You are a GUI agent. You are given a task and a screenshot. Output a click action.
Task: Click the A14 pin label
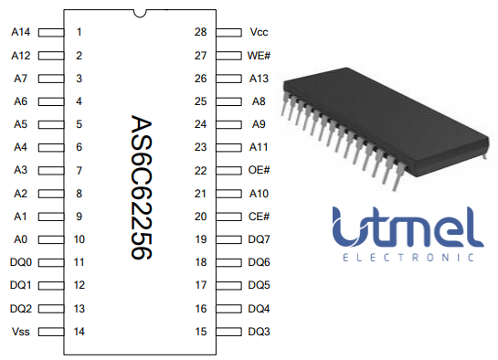(x=21, y=32)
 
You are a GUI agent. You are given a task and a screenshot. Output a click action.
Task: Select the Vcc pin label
(x=259, y=32)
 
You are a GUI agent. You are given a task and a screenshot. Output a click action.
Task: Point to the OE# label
(x=259, y=170)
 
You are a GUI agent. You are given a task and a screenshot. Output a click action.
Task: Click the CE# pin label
(x=259, y=217)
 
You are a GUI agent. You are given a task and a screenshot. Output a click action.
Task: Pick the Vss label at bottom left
(x=21, y=332)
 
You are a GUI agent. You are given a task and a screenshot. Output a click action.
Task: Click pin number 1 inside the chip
(x=80, y=32)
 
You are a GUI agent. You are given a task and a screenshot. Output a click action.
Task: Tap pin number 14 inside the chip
(x=80, y=332)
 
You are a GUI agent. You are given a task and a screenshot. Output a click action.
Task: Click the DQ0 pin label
(x=21, y=262)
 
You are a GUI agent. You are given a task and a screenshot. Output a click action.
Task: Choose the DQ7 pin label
(x=259, y=239)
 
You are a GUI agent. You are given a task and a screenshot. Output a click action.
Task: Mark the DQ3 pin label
(x=259, y=332)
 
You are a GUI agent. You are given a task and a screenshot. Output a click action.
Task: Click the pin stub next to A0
(x=50, y=239)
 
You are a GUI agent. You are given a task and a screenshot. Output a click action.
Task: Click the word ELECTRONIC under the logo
(x=407, y=257)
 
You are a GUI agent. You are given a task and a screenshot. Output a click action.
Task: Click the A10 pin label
(x=259, y=194)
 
